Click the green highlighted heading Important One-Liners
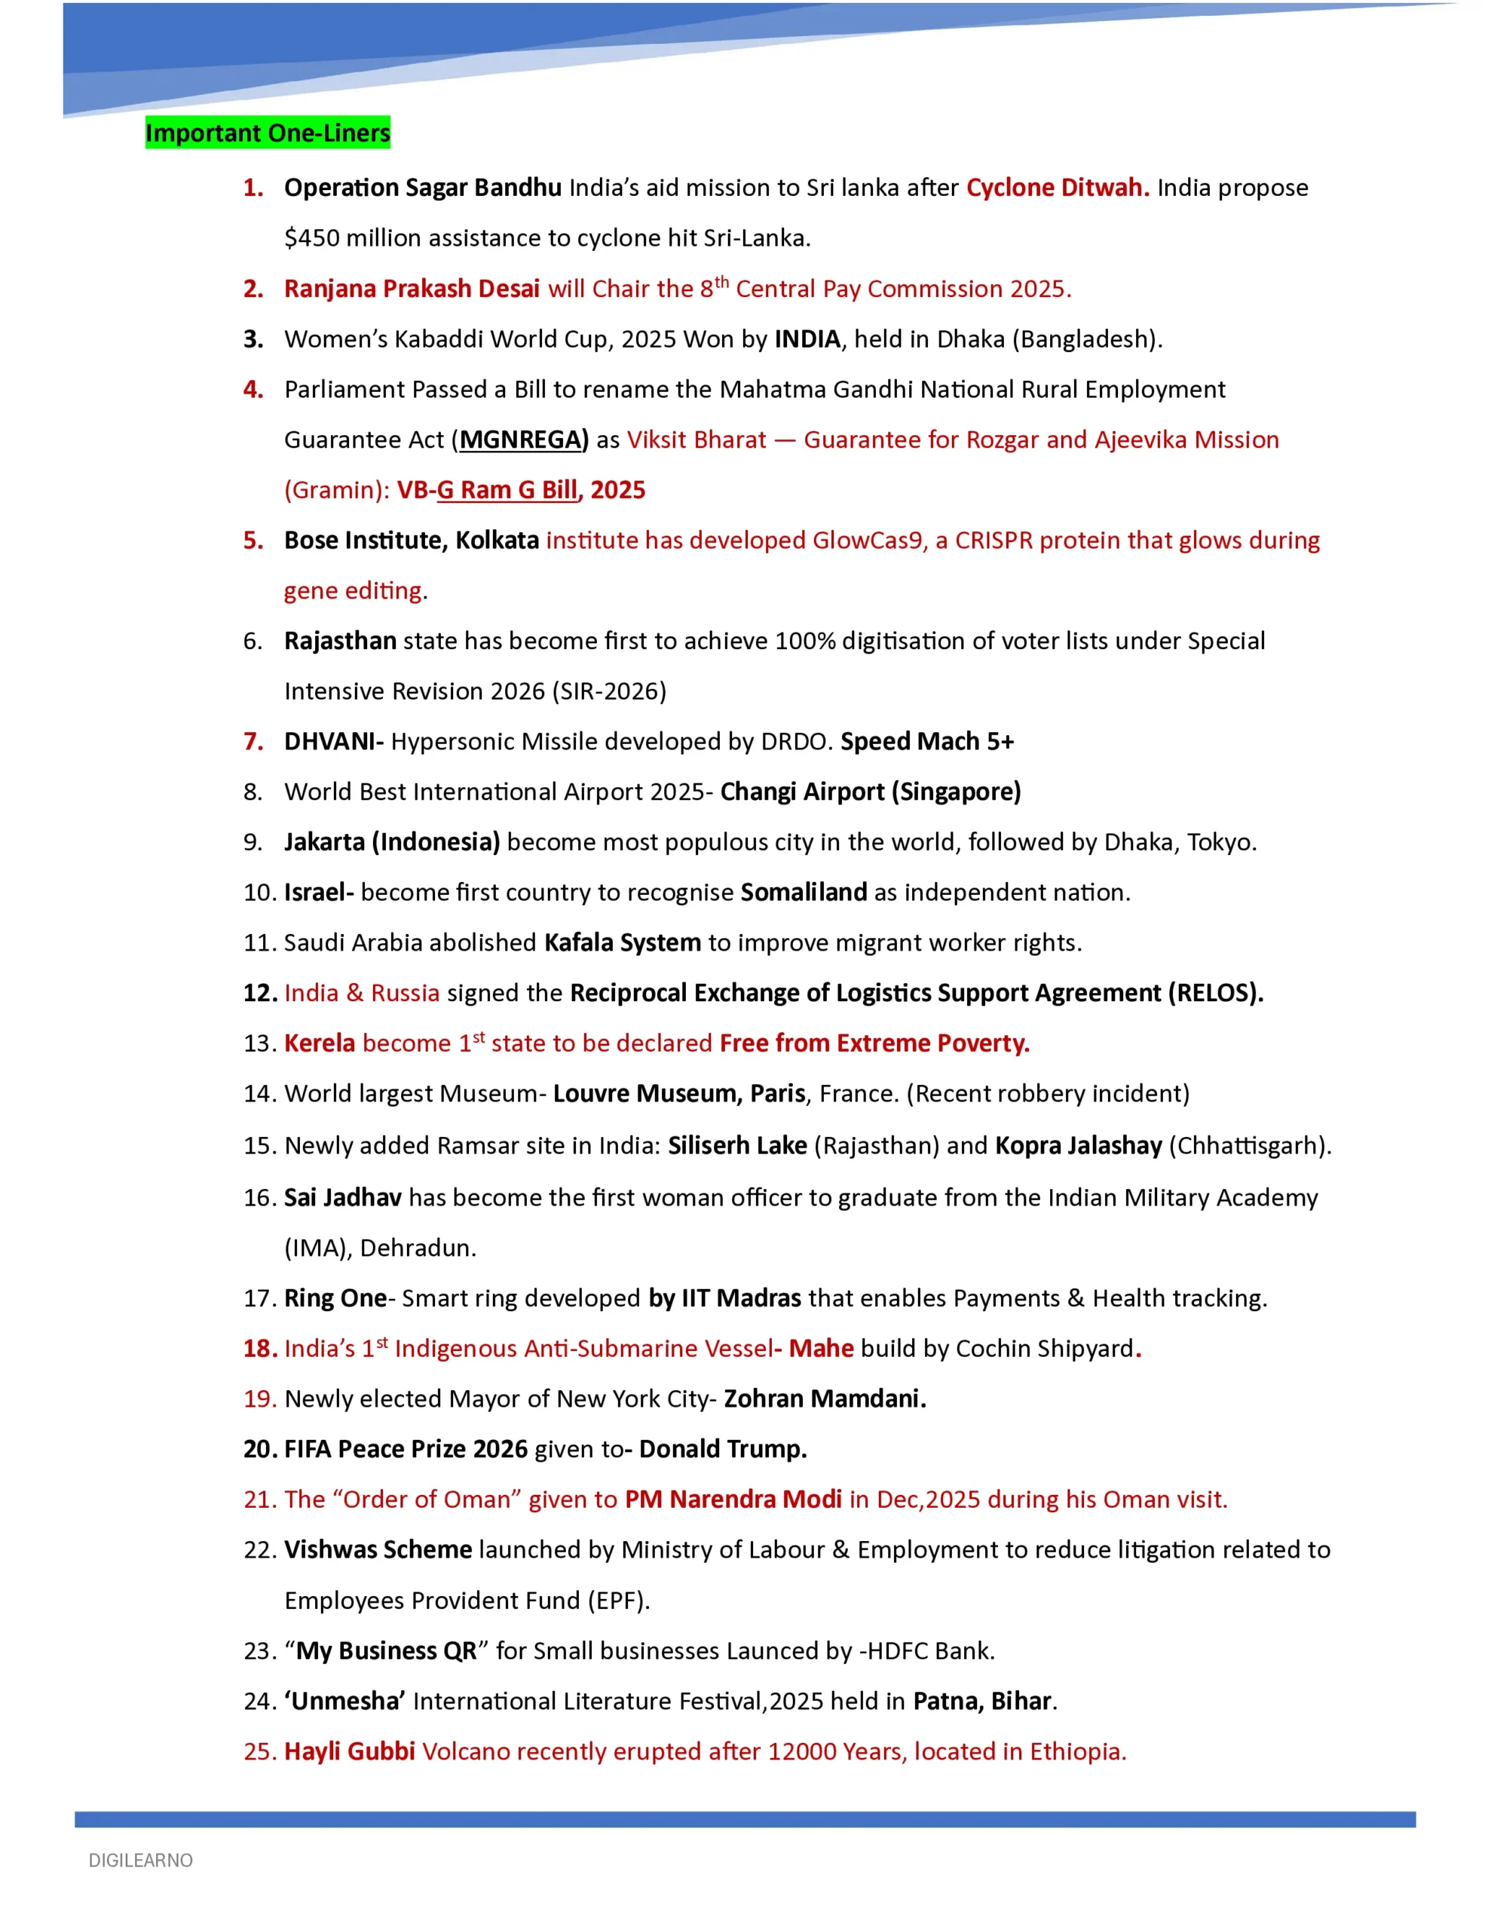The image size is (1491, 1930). click(267, 133)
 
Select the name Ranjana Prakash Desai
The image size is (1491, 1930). click(411, 289)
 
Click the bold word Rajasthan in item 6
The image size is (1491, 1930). click(339, 641)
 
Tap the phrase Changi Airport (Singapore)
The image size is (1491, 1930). click(870, 792)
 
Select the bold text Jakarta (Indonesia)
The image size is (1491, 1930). click(391, 842)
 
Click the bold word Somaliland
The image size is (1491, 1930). click(803, 893)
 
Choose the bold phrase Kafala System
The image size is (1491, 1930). click(622, 943)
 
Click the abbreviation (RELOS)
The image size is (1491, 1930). click(1214, 994)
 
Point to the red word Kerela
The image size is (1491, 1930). click(319, 1043)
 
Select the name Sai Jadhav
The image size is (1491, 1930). click(342, 1197)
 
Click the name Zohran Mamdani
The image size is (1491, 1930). click(824, 1399)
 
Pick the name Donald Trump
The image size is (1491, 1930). click(722, 1449)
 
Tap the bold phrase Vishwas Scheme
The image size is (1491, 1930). click(378, 1550)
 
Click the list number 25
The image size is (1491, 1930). click(260, 1751)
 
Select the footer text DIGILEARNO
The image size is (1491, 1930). click(140, 1860)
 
